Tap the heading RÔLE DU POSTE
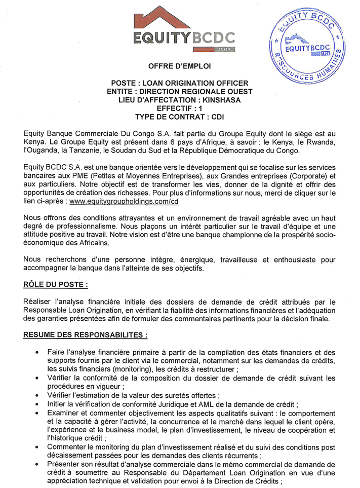tap(56, 285)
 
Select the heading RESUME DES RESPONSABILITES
tap(86, 335)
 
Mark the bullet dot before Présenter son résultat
tap(37, 464)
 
